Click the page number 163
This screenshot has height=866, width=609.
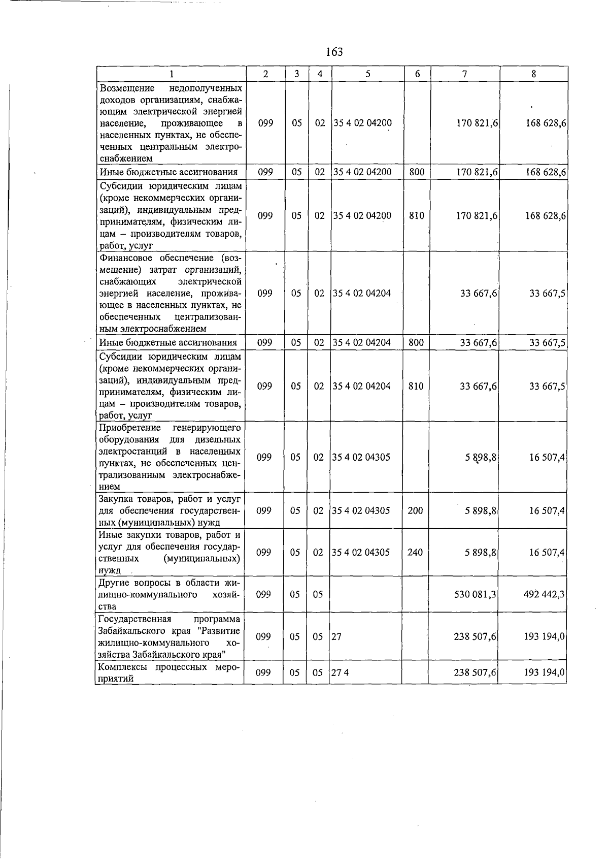[x=334, y=52]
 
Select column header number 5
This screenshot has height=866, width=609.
[x=367, y=74]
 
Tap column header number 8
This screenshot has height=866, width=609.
[x=533, y=74]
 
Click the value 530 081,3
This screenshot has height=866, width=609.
[x=475, y=594]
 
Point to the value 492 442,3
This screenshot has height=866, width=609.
[x=544, y=594]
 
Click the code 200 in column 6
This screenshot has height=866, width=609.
[x=415, y=510]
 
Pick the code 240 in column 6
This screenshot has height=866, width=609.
[x=415, y=552]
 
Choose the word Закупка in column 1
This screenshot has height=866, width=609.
[x=116, y=499]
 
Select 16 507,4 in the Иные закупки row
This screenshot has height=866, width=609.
[x=547, y=552]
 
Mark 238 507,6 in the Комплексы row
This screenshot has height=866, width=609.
[x=475, y=672]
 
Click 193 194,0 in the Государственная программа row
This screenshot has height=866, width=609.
[x=544, y=636]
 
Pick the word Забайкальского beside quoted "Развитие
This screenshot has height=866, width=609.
[x=130, y=631]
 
